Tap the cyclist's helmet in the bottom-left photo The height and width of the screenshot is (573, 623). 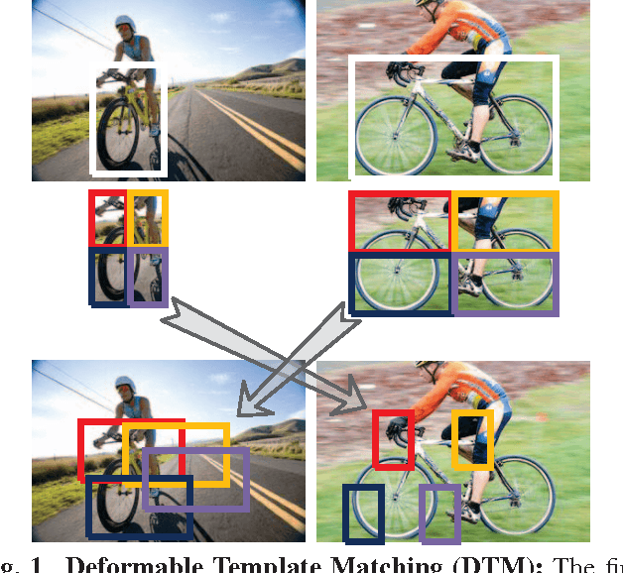(124, 384)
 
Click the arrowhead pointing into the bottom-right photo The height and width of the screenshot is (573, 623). (363, 406)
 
